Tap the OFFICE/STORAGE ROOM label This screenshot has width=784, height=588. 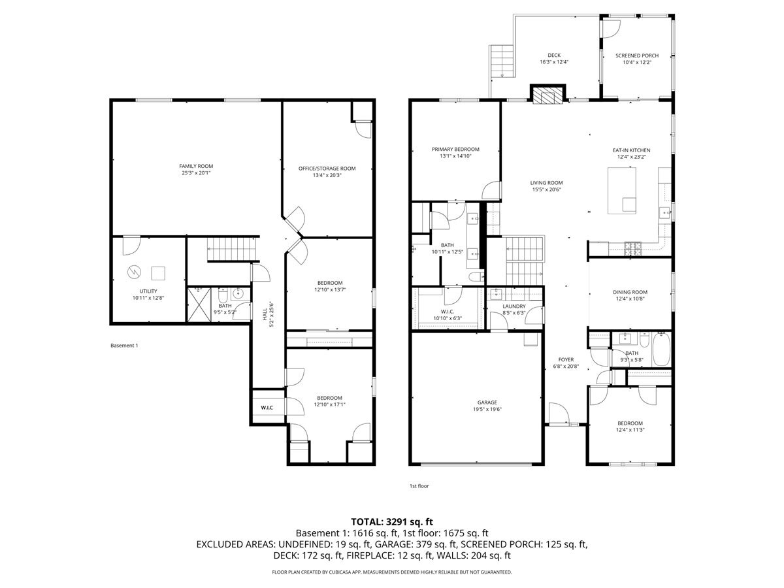[x=327, y=169]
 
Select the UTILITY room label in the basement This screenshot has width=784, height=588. [x=148, y=291]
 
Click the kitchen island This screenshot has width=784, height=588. [x=622, y=190]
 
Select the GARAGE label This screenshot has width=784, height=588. [x=487, y=402]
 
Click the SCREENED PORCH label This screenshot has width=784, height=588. [x=636, y=56]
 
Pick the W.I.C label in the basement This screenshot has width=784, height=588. [x=267, y=408]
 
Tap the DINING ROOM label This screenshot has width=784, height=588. [x=630, y=292]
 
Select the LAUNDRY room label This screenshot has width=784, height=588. [x=514, y=306]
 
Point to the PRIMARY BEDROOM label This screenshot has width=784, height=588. [x=455, y=149]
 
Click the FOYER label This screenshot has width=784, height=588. [x=565, y=359]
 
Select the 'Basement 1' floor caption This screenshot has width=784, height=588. [x=124, y=345]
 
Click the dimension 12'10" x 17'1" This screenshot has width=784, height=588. [x=329, y=405]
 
